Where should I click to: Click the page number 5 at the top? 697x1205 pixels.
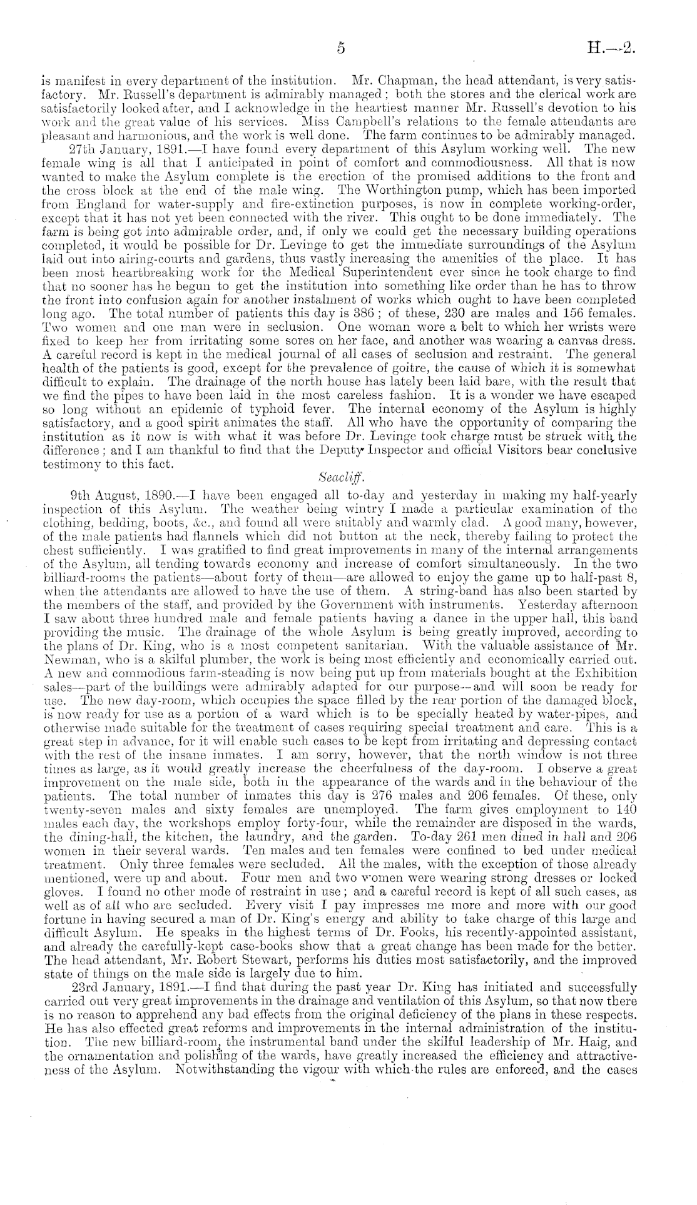(342, 47)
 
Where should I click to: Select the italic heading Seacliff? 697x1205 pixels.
(337, 477)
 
